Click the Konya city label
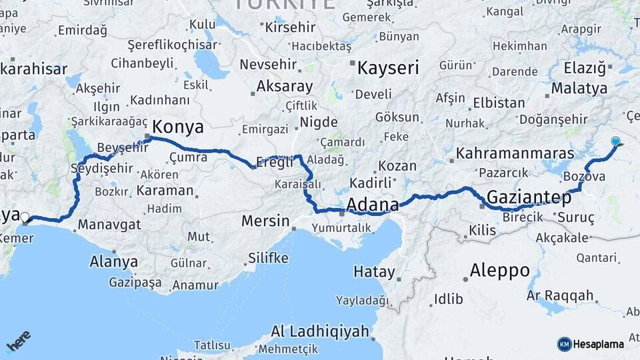(178, 127)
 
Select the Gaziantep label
(529, 197)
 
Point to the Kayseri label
(388, 68)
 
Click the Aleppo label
(499, 271)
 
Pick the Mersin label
(265, 221)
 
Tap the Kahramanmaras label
(506, 153)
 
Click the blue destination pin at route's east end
(615, 141)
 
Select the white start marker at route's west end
(25, 217)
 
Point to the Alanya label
(113, 261)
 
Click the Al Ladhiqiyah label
(320, 331)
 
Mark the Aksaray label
(285, 87)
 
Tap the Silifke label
(268, 257)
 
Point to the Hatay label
(374, 271)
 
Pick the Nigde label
(319, 122)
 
